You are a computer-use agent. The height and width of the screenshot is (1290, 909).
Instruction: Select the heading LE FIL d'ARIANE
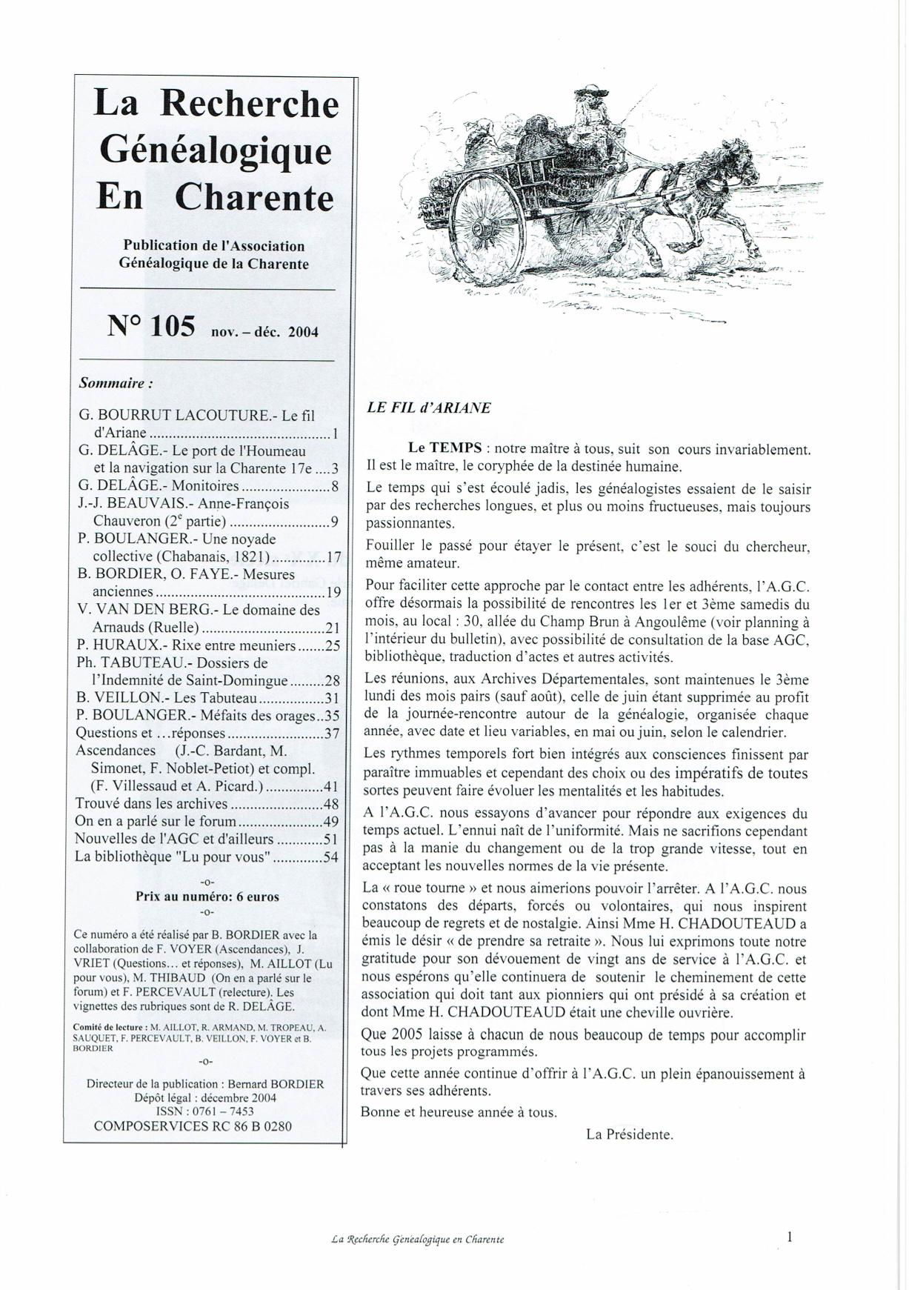click(x=428, y=408)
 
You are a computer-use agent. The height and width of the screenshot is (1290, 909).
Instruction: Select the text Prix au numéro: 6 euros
click(x=207, y=896)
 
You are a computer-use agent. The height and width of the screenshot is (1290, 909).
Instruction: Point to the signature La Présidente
click(x=629, y=1134)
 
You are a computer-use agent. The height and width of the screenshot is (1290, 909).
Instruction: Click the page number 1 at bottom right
click(x=790, y=1236)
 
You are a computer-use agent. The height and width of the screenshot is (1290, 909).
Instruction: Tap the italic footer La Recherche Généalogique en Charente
click(x=418, y=1239)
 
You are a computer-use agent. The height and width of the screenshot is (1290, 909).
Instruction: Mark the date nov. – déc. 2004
click(x=264, y=332)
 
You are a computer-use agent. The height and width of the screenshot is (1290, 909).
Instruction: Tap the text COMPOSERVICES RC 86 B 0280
click(x=193, y=1126)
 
